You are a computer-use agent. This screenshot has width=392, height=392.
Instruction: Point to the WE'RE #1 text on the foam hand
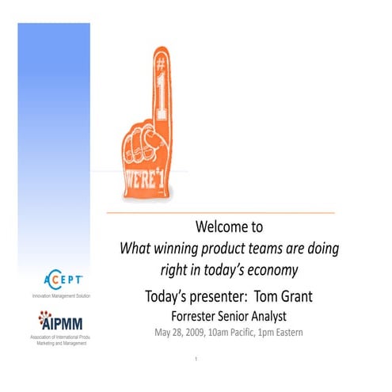click(146, 177)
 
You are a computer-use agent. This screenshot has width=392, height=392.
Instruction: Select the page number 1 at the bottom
click(196, 360)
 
